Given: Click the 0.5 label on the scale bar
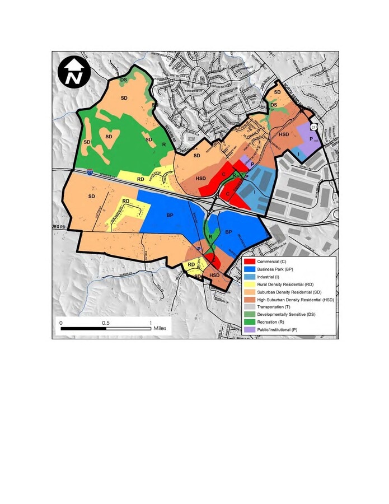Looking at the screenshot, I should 106,323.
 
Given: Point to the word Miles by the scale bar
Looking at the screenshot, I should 160,329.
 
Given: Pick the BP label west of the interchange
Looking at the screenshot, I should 170,214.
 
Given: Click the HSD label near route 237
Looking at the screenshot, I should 284,134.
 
